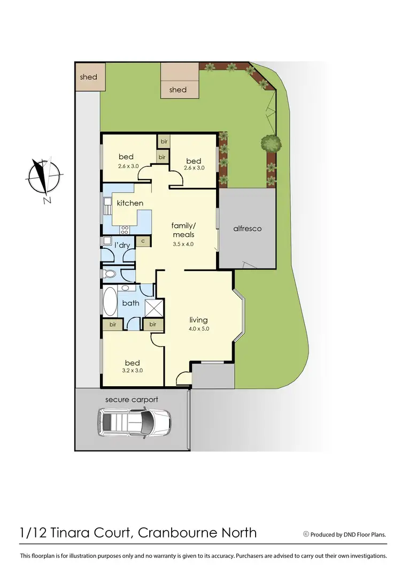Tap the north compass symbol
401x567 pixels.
[x=44, y=177]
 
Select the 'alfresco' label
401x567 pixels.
[x=247, y=228]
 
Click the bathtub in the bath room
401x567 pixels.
[x=110, y=303]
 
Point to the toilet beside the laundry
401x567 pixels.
[x=110, y=274]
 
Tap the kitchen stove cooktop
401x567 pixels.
[x=126, y=230]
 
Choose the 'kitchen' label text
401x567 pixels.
[x=130, y=203]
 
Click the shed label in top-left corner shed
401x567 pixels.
[x=88, y=77]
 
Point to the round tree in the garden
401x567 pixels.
[x=271, y=143]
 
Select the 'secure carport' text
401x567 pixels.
[x=132, y=400]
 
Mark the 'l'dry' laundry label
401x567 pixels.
[x=122, y=246]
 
